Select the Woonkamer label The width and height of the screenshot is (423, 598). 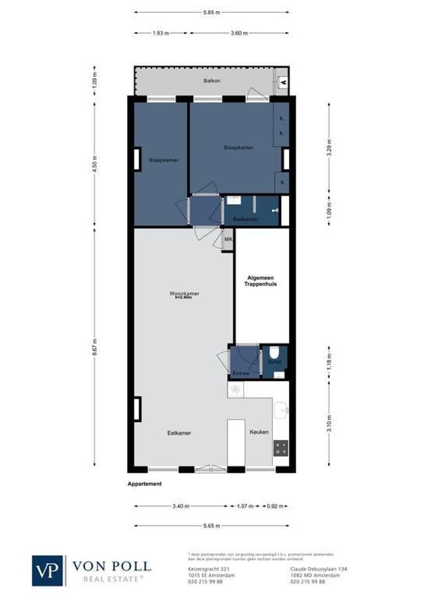click(184, 294)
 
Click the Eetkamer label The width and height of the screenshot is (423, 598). click(179, 433)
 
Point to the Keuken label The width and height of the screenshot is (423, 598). click(259, 432)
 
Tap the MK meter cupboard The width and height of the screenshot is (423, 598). click(228, 239)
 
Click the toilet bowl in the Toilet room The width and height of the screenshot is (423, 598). click(274, 353)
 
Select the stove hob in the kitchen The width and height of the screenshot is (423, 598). click(281, 447)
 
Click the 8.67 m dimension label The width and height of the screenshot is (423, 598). click(95, 348)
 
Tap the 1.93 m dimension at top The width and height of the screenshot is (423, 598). click(161, 33)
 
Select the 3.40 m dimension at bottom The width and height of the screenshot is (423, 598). click(181, 506)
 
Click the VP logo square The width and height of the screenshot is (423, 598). click(48, 570)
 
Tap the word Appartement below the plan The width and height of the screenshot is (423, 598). click(145, 483)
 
